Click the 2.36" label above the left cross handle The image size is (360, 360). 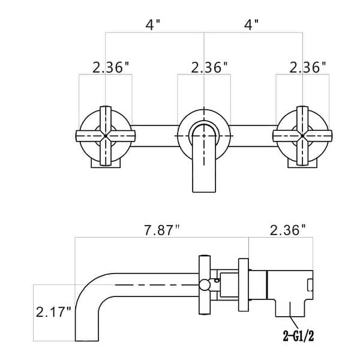pyautogui.click(x=112, y=67)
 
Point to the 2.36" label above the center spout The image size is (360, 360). pyautogui.click(x=209, y=67)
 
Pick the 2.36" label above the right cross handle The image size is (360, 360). pyautogui.click(x=308, y=67)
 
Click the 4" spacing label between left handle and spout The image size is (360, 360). pyautogui.click(x=154, y=26)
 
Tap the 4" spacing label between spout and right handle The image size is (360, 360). pyautogui.click(x=252, y=26)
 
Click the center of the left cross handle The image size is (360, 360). pyautogui.click(x=106, y=137)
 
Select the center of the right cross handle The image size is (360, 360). pyautogui.click(x=302, y=137)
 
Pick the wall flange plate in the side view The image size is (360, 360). pyautogui.click(x=243, y=282)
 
